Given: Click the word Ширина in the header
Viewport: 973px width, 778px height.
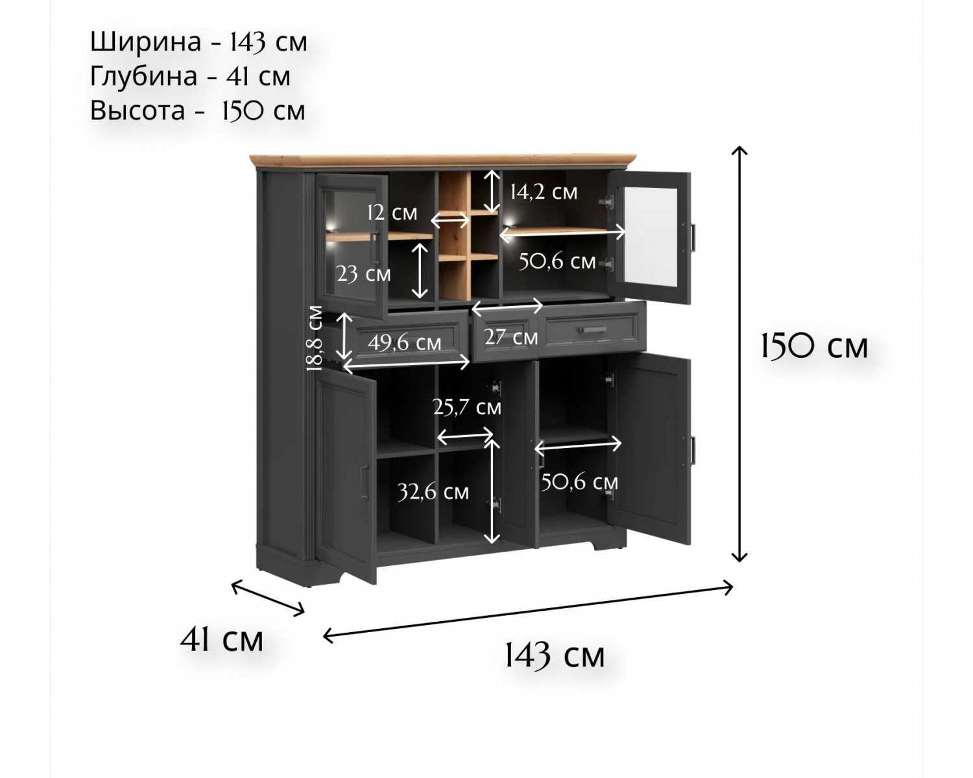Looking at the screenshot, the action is (x=145, y=43).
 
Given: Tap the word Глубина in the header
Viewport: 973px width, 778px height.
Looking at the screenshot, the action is (x=144, y=77).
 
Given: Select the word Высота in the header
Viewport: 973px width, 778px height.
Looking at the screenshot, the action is (x=138, y=110).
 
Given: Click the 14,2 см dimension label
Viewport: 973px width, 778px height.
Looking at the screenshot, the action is (x=544, y=193).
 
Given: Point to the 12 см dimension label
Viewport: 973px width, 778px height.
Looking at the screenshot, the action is (x=392, y=213).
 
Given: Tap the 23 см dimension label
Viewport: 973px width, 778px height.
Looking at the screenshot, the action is (x=363, y=274).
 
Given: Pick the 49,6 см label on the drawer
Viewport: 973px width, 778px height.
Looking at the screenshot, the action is (x=404, y=343).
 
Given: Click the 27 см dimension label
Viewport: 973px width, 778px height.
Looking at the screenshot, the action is (x=511, y=337).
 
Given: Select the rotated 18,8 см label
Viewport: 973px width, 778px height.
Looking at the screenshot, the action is (x=315, y=338).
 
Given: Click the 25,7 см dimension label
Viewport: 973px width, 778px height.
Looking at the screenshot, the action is (x=467, y=407).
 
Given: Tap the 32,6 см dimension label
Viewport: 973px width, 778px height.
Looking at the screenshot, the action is (x=433, y=492).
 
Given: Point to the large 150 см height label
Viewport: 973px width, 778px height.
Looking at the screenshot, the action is (x=814, y=348).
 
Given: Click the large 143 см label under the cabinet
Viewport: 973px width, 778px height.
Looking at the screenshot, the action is (x=555, y=655).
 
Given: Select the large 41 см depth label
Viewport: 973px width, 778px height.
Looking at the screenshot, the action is (x=222, y=640).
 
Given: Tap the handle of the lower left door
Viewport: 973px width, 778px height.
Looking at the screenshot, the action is (x=365, y=482).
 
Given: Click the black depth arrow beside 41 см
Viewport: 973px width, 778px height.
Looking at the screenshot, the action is (x=268, y=598).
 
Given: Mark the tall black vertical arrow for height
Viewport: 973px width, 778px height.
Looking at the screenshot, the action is (x=739, y=354).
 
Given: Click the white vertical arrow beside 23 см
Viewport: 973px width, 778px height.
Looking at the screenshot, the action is (x=420, y=271).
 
